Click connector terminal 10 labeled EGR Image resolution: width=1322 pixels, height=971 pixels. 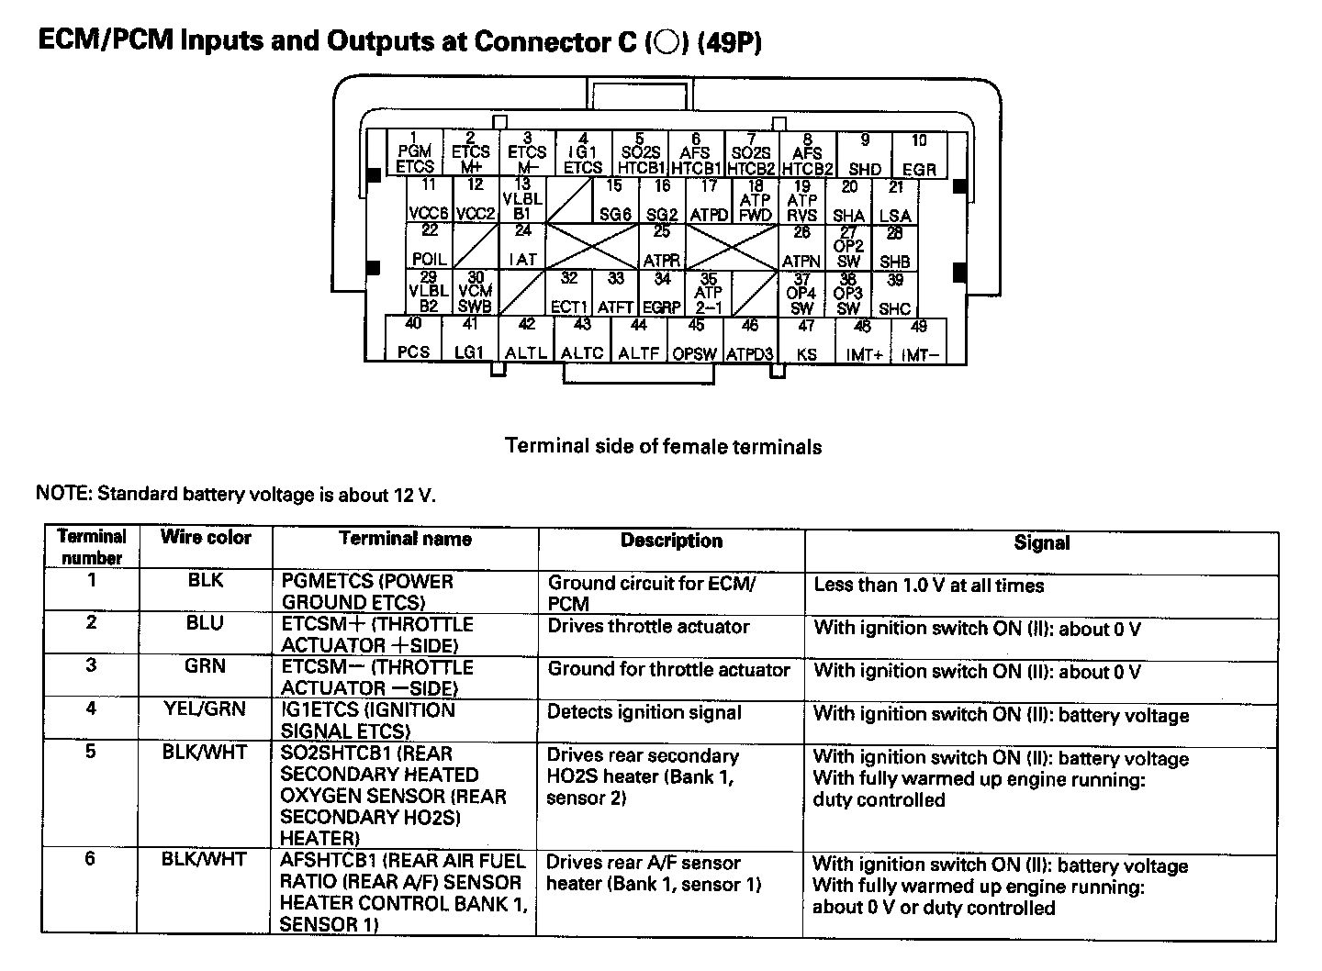tap(919, 155)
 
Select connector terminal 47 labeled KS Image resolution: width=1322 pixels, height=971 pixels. tap(806, 339)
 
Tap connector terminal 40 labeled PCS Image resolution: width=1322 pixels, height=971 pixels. tap(413, 339)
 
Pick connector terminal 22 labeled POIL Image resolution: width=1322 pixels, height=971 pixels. tap(430, 246)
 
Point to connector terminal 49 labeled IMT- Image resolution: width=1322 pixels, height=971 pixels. tap(919, 340)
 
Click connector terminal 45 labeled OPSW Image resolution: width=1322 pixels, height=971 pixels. tap(695, 340)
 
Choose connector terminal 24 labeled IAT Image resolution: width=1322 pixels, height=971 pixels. tap(522, 246)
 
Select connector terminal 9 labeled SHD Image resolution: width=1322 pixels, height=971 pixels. tap(865, 155)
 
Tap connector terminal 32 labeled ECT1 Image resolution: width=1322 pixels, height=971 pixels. tap(569, 293)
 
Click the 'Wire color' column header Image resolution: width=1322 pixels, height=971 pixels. tap(205, 538)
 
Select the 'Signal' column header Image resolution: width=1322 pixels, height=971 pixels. tap(1041, 542)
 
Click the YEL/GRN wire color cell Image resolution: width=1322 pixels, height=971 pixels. tap(205, 709)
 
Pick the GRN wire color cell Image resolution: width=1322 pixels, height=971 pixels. tap(205, 666)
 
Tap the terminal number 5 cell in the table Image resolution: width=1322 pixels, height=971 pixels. tap(90, 753)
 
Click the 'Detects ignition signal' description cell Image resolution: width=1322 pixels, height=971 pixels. tap(644, 712)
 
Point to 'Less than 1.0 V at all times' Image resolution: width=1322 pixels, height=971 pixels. tap(928, 586)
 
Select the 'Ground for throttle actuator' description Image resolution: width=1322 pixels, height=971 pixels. tap(668, 669)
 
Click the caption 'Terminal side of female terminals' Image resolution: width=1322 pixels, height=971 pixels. tap(663, 447)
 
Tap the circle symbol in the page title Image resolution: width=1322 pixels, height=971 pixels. tap(667, 43)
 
